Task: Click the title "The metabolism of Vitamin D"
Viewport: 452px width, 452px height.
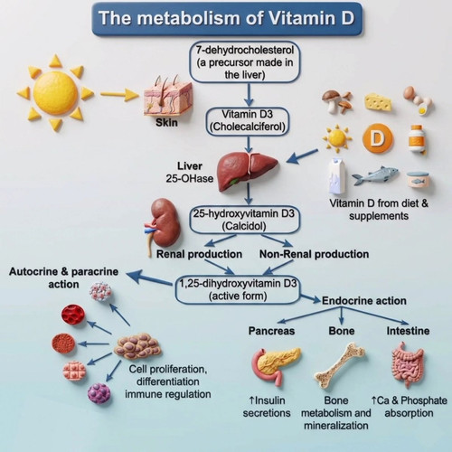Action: (226, 18)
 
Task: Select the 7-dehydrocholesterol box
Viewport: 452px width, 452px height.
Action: (244, 62)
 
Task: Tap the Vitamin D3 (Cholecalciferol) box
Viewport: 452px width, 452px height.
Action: (248, 121)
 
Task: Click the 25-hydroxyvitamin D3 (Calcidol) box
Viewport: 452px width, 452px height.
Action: (244, 220)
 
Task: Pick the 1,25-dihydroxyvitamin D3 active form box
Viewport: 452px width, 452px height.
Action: (238, 290)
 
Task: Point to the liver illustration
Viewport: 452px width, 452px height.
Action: (247, 171)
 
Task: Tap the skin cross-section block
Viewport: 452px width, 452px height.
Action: (167, 96)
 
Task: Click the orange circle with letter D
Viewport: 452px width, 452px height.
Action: (378, 138)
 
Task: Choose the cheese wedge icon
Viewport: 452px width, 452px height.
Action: (378, 102)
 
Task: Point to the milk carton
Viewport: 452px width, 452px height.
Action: (337, 176)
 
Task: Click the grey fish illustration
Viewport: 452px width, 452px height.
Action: (375, 175)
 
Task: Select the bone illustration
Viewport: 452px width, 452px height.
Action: (340, 365)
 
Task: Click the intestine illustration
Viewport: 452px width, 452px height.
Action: (409, 364)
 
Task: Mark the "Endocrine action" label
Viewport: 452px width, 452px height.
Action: (364, 301)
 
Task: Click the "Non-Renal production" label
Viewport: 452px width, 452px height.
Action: (314, 254)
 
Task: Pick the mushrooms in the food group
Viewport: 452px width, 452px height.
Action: (337, 101)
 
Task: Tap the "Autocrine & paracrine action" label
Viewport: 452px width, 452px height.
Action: (63, 278)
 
